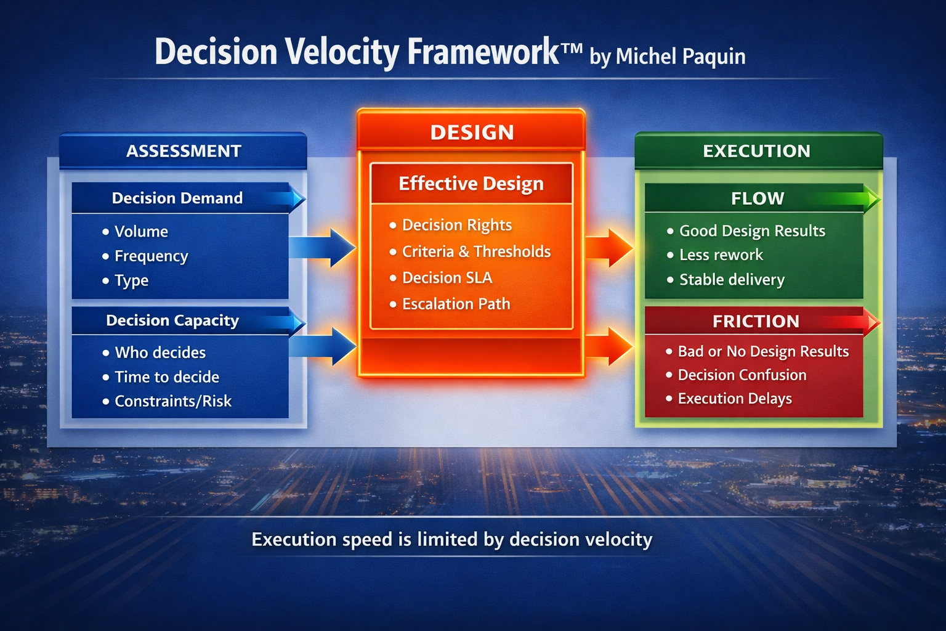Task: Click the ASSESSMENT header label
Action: click(184, 151)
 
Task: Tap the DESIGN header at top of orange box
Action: click(472, 132)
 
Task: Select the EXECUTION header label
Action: click(756, 151)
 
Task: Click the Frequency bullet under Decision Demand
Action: click(151, 256)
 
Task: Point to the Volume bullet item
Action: click(141, 232)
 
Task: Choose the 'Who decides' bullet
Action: click(160, 352)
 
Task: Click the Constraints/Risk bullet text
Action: click(173, 401)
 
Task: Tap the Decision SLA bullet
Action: click(447, 278)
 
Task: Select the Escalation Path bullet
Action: click(456, 304)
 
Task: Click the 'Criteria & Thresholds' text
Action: click(476, 251)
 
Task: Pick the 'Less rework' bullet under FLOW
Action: click(721, 255)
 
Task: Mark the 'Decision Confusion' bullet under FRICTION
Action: click(742, 375)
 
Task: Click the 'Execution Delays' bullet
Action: click(735, 399)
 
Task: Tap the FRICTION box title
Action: click(756, 321)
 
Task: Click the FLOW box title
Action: click(757, 198)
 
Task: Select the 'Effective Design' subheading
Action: click(471, 184)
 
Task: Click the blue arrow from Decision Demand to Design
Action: click(323, 248)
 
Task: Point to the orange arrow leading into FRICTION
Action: click(608, 346)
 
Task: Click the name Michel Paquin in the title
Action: click(681, 57)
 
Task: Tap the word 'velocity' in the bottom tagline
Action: click(618, 539)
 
